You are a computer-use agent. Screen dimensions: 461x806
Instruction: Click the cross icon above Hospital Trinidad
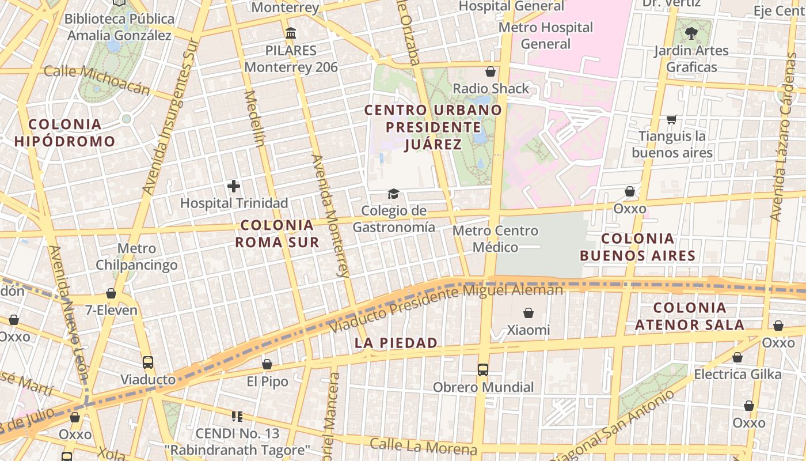[x=234, y=186]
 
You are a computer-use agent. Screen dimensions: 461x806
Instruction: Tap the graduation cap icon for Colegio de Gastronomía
[x=393, y=194]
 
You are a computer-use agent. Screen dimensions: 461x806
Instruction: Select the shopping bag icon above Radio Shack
[x=491, y=71]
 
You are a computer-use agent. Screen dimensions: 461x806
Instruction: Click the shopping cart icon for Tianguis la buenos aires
[x=671, y=120]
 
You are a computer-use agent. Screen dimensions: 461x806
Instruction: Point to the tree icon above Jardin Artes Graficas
[x=691, y=33]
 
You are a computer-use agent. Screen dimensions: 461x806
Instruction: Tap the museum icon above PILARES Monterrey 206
[x=291, y=33]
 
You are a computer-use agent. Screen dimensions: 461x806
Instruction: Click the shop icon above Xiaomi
[x=528, y=313]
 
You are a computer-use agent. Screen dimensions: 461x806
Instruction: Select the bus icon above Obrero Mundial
[x=483, y=369]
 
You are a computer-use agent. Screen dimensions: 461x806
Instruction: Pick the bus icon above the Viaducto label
[x=148, y=362]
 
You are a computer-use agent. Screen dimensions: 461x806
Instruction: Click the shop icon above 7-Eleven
[x=111, y=293]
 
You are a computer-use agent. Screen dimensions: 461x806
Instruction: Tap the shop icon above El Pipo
[x=267, y=364]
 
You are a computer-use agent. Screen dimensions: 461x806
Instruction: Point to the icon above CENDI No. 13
[x=237, y=416]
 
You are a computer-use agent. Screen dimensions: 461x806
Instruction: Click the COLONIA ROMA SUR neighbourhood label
[x=277, y=233]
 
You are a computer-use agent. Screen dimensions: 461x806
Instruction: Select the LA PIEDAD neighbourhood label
[x=396, y=343]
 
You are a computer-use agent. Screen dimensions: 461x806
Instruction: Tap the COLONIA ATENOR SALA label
[x=690, y=316]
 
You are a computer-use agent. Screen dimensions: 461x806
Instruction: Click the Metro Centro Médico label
[x=495, y=239]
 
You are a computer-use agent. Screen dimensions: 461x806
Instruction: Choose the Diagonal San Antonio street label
[x=614, y=426]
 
